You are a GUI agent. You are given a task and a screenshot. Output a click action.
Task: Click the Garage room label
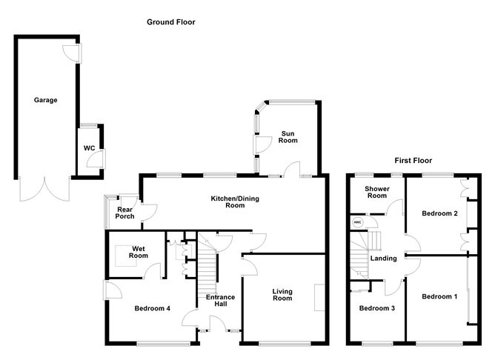point(45,100)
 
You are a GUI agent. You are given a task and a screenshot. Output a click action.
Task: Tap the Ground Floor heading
point(170,22)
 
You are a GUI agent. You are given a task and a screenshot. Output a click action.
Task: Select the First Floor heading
point(413,161)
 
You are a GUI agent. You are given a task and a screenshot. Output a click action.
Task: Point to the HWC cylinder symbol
point(358,222)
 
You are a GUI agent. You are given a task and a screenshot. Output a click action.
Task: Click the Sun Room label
point(288,137)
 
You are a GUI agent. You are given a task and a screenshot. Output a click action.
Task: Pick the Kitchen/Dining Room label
point(235,202)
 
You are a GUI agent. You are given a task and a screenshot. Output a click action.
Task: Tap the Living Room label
point(282,295)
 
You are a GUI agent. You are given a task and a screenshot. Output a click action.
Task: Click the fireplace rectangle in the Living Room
point(319,298)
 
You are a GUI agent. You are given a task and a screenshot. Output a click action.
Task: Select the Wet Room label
point(139,252)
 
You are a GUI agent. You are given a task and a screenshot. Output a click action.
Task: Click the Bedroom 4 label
point(152,308)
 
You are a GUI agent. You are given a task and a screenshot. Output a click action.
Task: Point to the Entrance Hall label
point(220,300)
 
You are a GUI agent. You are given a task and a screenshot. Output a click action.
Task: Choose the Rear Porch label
point(124,213)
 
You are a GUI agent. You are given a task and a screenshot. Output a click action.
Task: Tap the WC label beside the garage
point(90,148)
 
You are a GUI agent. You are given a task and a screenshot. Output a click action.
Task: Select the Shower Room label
point(377,192)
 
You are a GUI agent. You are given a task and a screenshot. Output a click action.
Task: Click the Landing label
point(383,259)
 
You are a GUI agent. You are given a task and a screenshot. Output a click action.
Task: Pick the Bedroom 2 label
point(439,213)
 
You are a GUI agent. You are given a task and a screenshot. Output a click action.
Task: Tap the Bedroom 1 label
point(439,296)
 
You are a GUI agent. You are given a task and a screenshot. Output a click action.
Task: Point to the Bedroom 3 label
point(377,308)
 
